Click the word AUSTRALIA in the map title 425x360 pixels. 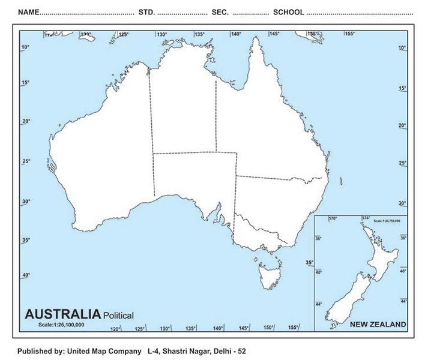(62, 314)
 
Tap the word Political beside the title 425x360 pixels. (118, 315)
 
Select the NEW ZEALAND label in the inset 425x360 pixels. (378, 324)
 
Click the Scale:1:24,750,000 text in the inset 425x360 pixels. (386, 221)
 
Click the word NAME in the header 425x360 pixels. (28, 12)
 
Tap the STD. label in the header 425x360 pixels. (146, 12)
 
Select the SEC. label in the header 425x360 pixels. (220, 12)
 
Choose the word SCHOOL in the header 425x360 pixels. (288, 12)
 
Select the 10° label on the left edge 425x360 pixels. (26, 47)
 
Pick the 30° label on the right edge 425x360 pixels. (402, 203)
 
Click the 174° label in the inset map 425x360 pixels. (366, 218)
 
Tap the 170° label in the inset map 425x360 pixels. (333, 218)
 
